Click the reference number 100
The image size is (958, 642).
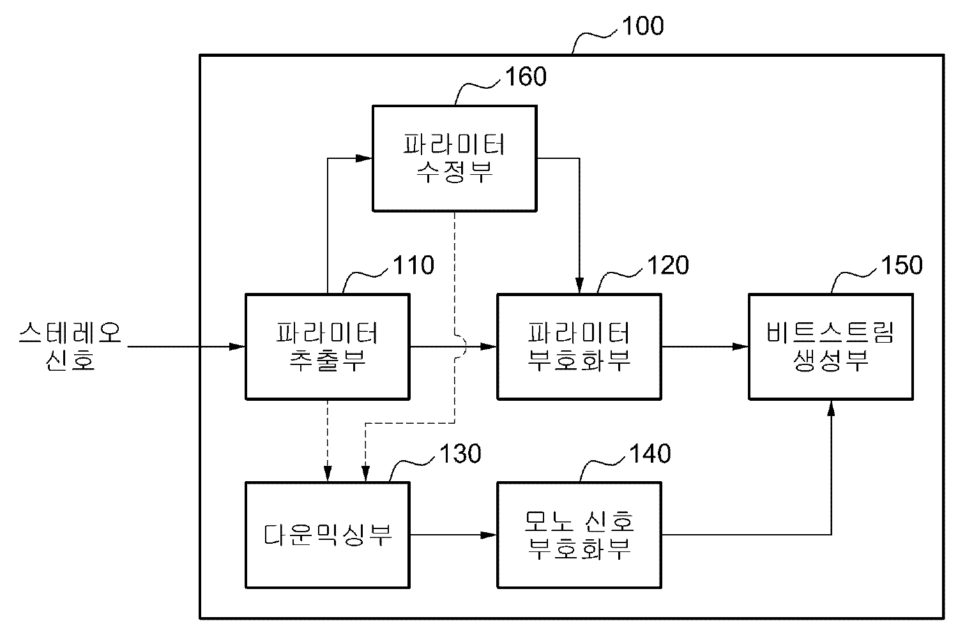tap(642, 26)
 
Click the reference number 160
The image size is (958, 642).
tap(526, 77)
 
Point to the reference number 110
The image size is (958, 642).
tap(414, 265)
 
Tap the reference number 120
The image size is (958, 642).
tap(667, 265)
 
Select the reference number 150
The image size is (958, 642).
tap(901, 265)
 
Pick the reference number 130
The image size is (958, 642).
tap(460, 454)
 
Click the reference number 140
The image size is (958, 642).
tap(650, 454)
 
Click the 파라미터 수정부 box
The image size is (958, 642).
tap(454, 158)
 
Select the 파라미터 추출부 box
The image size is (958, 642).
tap(327, 347)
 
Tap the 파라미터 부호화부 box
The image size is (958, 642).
tap(579, 347)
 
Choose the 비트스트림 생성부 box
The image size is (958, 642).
tap(830, 347)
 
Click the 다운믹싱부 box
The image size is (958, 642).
tap(327, 535)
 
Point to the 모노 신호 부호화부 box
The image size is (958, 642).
tap(579, 535)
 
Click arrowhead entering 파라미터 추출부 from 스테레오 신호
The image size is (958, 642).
tap(238, 347)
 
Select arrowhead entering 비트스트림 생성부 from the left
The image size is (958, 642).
tap(741, 347)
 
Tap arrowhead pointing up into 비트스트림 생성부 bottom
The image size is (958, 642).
tap(831, 407)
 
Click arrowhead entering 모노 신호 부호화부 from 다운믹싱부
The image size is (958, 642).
tap(490, 535)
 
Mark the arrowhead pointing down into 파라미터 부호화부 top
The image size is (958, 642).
tap(580, 287)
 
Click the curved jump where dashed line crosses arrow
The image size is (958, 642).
tap(461, 347)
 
